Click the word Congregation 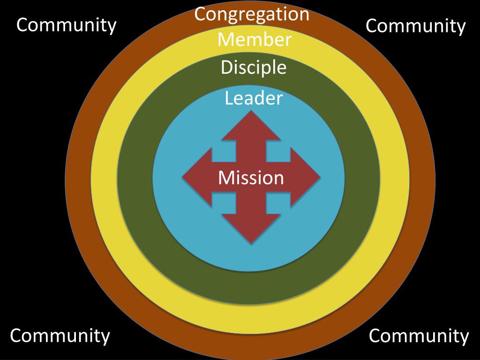click(252, 14)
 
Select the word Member click(254, 40)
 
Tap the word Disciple click(253, 68)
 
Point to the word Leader click(253, 98)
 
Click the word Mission click(251, 178)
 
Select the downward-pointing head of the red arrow click(251, 230)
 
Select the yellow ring click(104, 178)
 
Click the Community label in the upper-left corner click(66, 25)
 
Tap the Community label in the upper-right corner click(415, 26)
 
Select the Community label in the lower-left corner click(60, 336)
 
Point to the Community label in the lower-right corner click(419, 336)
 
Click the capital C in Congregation click(201, 14)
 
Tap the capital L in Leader click(229, 98)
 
